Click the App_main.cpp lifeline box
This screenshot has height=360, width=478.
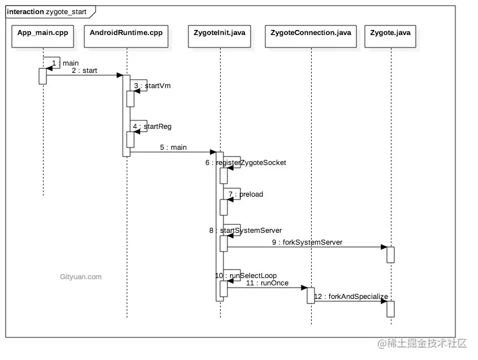42,33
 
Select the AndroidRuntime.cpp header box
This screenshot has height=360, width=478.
126,33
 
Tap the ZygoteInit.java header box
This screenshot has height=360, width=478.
219,33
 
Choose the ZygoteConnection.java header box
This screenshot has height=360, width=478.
311,33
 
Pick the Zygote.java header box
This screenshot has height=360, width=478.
390,33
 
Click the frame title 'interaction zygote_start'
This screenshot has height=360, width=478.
47,11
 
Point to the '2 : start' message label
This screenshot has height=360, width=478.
84,71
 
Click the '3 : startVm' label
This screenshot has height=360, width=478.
152,86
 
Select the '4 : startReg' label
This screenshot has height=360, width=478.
152,127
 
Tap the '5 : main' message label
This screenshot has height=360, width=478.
173,148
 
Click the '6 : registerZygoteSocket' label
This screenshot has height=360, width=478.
246,163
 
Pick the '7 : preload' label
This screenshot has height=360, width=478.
246,194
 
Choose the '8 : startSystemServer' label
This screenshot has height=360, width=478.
246,231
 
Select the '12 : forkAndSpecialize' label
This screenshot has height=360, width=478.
351,296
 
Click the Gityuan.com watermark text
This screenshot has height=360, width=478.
80,277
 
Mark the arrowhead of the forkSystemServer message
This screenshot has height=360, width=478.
384,247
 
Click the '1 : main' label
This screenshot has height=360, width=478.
65,63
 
